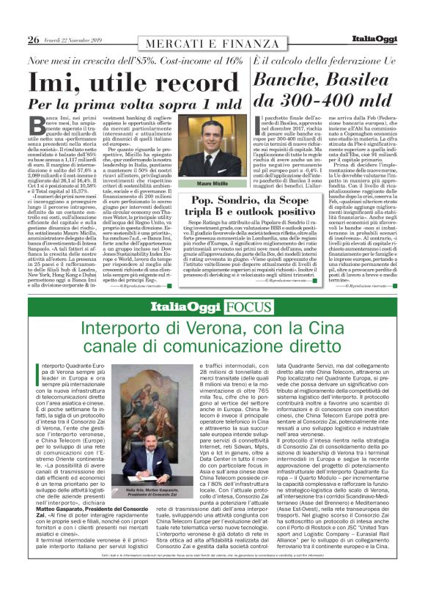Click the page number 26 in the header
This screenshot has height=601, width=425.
pyautogui.click(x=33, y=40)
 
